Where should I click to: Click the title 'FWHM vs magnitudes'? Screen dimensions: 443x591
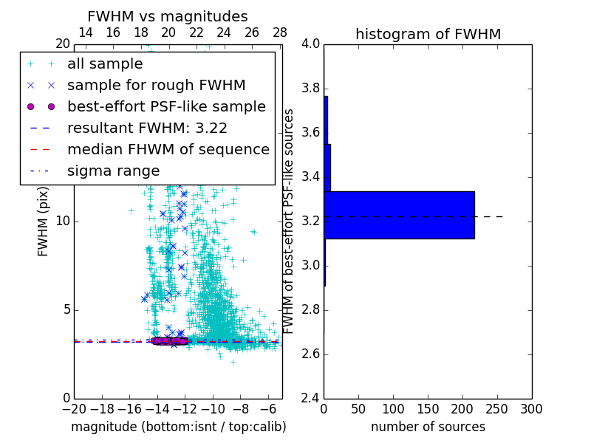pos(168,17)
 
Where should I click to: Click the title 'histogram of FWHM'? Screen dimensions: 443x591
pos(428,34)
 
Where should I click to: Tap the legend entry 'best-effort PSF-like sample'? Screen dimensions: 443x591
pos(166,107)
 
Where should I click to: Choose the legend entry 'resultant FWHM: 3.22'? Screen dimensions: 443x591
pos(147,128)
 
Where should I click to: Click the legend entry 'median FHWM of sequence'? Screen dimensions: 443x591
pos(168,150)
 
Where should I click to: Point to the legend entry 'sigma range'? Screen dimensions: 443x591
pos(113,171)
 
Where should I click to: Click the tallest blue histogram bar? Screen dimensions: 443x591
pos(399,215)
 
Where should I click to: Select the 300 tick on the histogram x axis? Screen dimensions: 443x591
pos(531,409)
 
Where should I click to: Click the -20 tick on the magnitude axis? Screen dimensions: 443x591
pos(74,409)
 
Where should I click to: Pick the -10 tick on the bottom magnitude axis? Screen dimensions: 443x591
pos(213,409)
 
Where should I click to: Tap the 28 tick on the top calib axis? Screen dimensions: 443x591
pos(280,32)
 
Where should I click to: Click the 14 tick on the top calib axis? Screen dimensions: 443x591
pos(86,32)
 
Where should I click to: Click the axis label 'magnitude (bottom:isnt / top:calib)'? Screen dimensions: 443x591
pos(179,427)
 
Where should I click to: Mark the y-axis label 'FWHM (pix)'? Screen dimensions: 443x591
pos(44,221)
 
